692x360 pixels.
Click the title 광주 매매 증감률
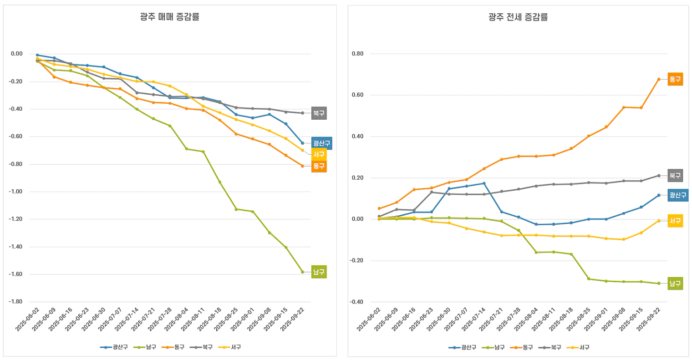click(x=169, y=17)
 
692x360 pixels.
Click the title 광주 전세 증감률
click(x=518, y=17)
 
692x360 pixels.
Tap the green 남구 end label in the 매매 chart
click(x=319, y=272)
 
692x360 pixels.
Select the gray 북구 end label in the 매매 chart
click(x=319, y=113)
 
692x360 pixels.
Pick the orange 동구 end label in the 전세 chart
click(x=675, y=79)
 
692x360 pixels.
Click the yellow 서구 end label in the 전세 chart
click(x=675, y=221)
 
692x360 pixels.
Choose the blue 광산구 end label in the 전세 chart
click(x=677, y=195)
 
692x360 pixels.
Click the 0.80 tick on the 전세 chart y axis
click(x=357, y=54)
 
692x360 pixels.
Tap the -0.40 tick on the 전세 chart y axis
click(x=356, y=302)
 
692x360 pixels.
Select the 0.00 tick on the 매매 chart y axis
click(x=17, y=54)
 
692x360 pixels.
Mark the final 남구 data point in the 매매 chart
click(x=302, y=272)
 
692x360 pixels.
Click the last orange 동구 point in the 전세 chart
click(x=658, y=79)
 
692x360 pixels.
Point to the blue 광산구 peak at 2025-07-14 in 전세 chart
click(x=484, y=183)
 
